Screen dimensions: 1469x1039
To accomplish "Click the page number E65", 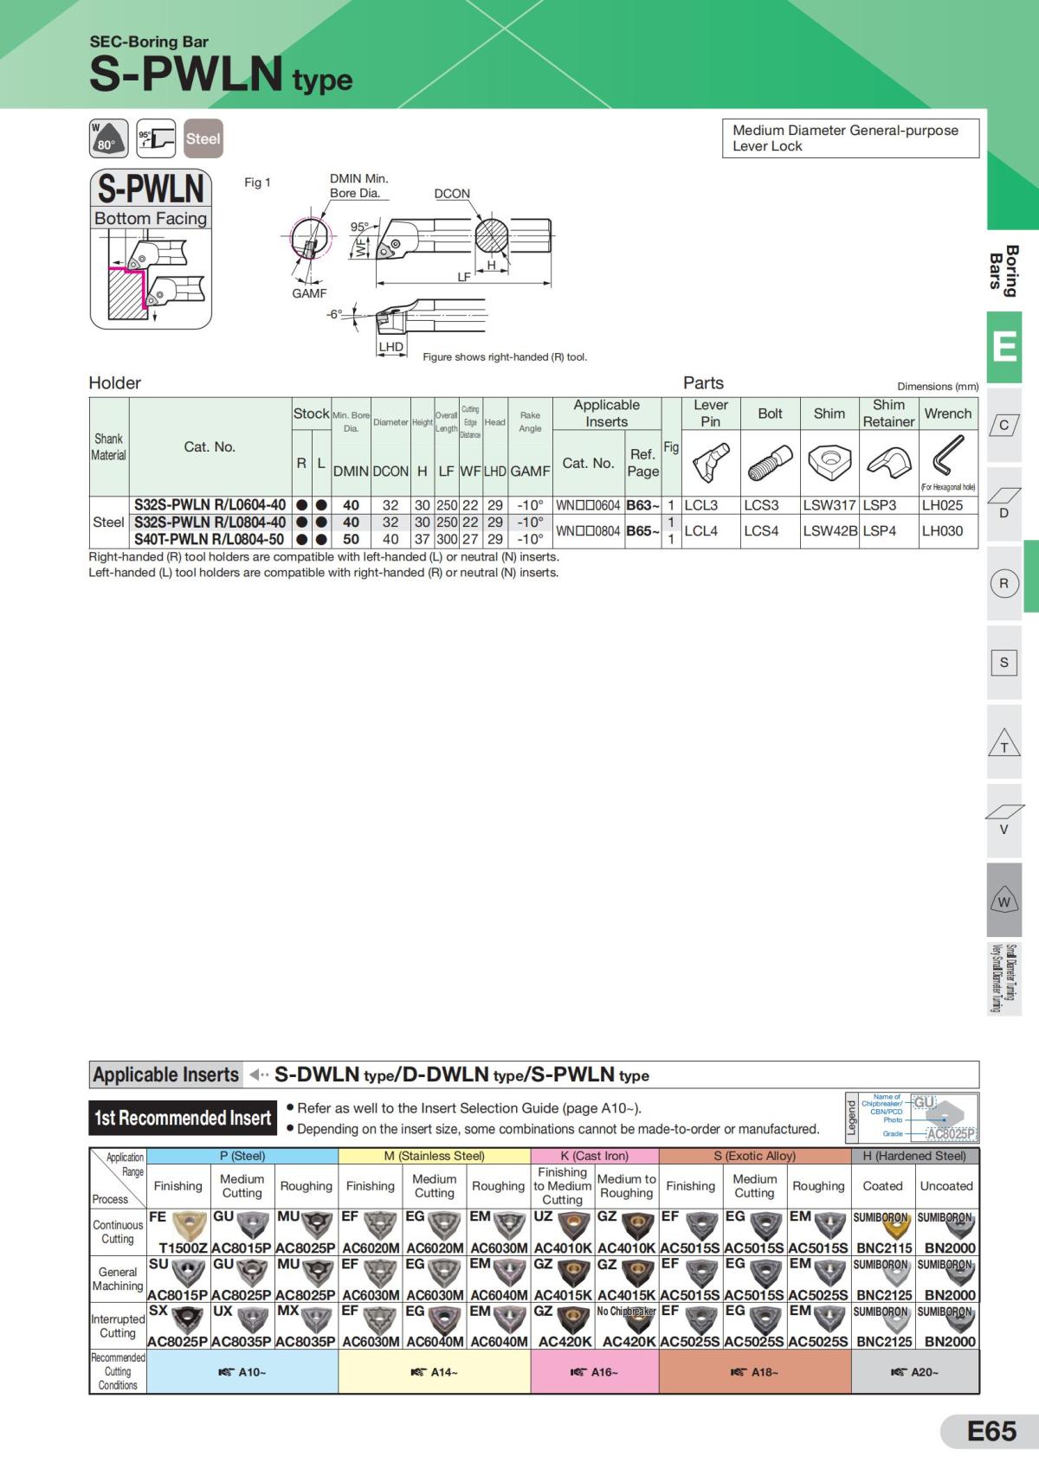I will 991,1432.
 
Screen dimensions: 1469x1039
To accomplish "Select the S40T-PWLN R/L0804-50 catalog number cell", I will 209,539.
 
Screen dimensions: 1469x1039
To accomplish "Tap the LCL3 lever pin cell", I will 701,505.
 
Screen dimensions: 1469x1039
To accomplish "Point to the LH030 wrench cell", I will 942,531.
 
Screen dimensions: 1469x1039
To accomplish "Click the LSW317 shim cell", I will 829,505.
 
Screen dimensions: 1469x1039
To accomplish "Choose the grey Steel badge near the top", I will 203,138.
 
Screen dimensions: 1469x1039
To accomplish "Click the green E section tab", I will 1004,347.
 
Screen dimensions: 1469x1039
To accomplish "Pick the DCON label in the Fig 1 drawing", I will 452,194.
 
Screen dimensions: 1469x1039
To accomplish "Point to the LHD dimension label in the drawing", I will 391,347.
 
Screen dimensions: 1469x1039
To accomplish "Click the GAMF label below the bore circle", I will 309,293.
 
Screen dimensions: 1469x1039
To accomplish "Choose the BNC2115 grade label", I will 884,1248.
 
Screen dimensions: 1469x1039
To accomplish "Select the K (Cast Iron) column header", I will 595,1156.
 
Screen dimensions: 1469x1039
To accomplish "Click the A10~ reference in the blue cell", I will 242,1372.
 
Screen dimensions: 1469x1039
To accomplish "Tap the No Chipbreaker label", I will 626,1312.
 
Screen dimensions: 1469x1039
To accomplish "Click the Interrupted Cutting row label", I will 118,1325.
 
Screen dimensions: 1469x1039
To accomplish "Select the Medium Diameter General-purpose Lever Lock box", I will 850,138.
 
